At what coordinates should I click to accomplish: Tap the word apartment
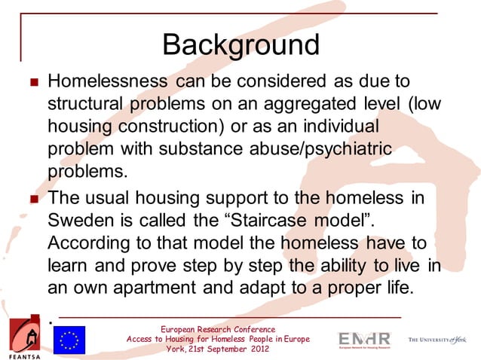pyautogui.click(x=158, y=288)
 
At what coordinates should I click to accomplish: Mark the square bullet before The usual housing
pyautogui.click(x=30, y=200)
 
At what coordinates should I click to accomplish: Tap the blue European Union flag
pyautogui.click(x=69, y=340)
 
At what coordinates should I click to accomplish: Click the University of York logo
pyautogui.click(x=437, y=340)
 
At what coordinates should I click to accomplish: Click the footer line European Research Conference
pyautogui.click(x=218, y=329)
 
